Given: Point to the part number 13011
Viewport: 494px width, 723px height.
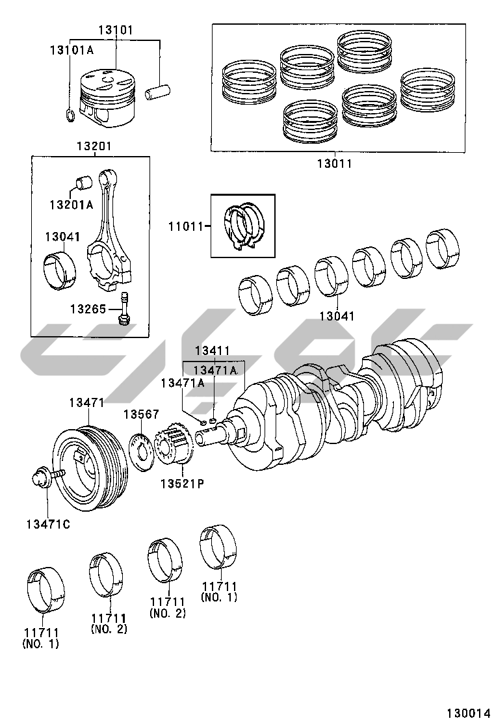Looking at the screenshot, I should [334, 164].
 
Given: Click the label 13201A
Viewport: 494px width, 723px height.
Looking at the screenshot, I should [71, 204].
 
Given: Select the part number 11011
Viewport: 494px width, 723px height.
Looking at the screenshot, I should [187, 226].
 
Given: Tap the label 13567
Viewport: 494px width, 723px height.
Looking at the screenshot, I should [142, 414].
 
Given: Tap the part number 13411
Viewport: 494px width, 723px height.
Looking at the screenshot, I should [212, 351].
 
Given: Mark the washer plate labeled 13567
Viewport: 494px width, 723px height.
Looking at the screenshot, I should [144, 450].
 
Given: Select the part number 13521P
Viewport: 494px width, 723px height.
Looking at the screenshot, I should [183, 484].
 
